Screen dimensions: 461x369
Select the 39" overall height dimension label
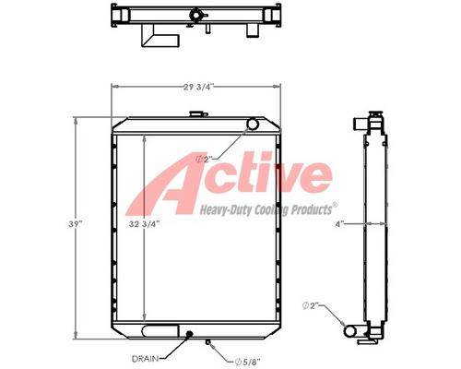coord(76,224)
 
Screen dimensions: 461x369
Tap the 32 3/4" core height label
coord(145,224)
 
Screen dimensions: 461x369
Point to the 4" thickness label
coord(339,224)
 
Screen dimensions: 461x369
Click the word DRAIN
coord(145,359)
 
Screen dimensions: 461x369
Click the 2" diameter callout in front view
coord(205,160)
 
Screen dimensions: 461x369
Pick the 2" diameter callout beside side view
coord(312,306)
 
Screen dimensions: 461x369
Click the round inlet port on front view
coord(253,124)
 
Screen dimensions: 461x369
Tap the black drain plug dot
coord(189,333)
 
